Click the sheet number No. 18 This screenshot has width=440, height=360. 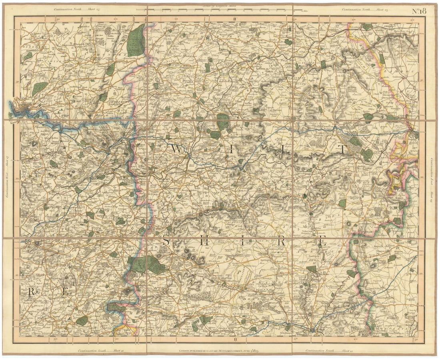coord(419,11)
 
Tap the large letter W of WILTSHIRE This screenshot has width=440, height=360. coord(176,149)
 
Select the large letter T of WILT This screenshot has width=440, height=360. coord(342,150)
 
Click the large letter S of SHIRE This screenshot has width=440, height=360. coord(166,241)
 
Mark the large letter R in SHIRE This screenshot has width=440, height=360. coord(281,242)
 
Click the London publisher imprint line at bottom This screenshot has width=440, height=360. coord(220,351)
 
